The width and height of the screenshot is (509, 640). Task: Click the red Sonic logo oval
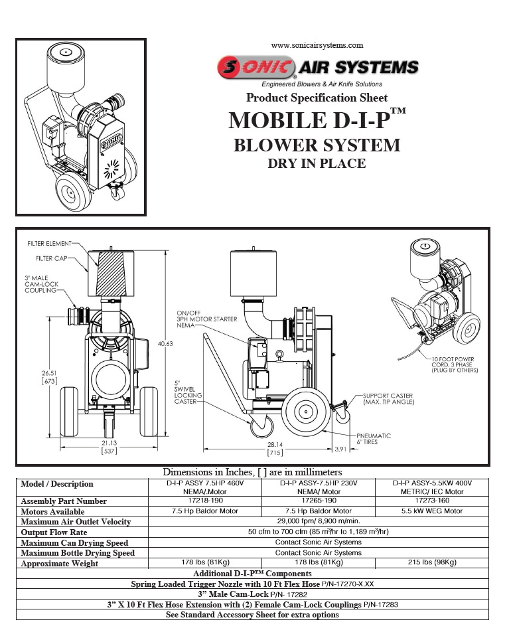(x=255, y=67)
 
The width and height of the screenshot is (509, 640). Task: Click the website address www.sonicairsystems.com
(x=317, y=45)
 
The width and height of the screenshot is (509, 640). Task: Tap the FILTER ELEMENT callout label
(x=49, y=244)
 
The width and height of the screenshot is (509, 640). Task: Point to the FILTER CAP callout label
(x=51, y=258)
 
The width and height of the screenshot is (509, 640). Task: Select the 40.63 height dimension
(x=165, y=344)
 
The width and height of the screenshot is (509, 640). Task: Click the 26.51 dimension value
(x=49, y=373)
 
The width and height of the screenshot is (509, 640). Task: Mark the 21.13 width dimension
(x=109, y=443)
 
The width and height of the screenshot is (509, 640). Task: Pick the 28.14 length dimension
(x=275, y=445)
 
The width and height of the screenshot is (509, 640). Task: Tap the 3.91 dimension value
(x=340, y=449)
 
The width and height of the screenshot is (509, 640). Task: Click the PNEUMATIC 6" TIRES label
(x=374, y=439)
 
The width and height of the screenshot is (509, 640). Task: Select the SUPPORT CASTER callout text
(x=389, y=399)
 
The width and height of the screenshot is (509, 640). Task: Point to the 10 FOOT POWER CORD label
(x=455, y=364)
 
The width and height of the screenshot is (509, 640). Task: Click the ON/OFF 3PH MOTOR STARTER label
(x=207, y=319)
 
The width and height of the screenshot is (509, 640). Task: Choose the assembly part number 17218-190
(x=205, y=501)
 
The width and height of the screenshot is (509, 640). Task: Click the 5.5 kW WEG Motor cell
(x=432, y=511)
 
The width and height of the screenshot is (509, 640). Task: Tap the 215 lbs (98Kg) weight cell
(x=432, y=562)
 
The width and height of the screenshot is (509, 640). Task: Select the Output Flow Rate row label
(x=54, y=532)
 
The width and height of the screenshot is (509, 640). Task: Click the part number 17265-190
(x=319, y=501)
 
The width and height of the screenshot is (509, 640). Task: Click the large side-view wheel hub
(x=305, y=412)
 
